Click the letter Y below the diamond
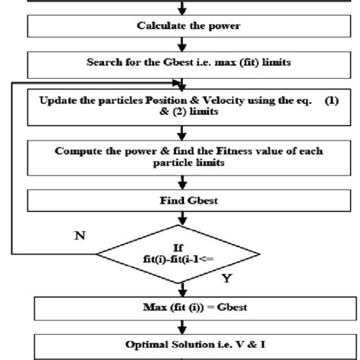[x=226, y=278]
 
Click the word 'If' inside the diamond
[x=181, y=246]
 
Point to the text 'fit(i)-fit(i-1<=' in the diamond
[x=181, y=259]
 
